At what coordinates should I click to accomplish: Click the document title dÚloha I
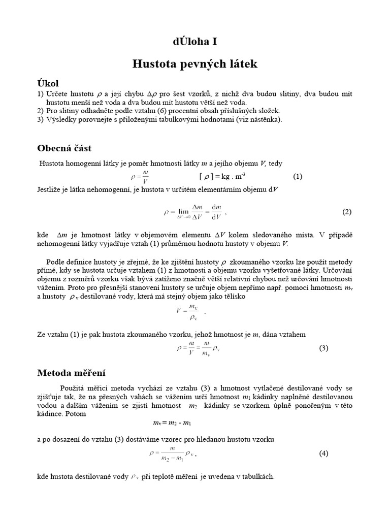[x=195, y=42]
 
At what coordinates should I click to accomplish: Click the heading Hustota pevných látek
[x=195, y=64]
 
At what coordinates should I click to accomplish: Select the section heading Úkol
[x=51, y=83]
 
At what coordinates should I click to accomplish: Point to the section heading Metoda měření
[x=71, y=373]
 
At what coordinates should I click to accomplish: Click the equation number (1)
[x=298, y=176]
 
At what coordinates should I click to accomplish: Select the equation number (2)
[x=346, y=212]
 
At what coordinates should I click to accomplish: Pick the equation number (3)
[x=324, y=348]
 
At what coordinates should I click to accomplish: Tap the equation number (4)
[x=324, y=453]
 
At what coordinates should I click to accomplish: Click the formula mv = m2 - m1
[x=172, y=422]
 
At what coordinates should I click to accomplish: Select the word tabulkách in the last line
[x=258, y=477]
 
